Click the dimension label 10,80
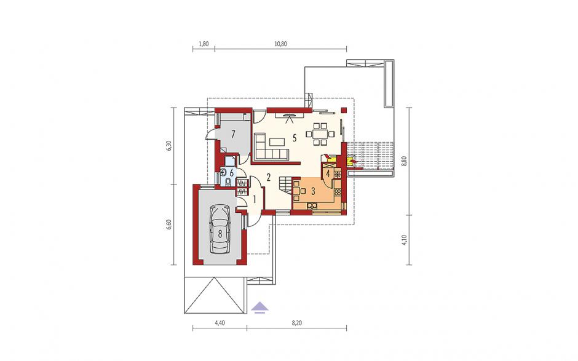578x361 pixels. coord(280,44)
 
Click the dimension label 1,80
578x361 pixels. coord(204,44)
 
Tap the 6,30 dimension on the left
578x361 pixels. coord(169,146)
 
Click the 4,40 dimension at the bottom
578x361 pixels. coord(220,323)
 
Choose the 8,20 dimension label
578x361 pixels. coord(297,323)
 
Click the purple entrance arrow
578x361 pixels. coord(260,307)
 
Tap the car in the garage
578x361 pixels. coord(220,229)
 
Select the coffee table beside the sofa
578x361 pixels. coord(277,141)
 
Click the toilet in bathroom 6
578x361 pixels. coord(228,182)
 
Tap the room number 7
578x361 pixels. coord(233,134)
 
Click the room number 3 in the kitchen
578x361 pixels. coord(313,191)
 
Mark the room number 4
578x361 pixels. coord(328,173)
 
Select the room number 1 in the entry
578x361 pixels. coord(255,199)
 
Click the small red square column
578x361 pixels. coord(344,109)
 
